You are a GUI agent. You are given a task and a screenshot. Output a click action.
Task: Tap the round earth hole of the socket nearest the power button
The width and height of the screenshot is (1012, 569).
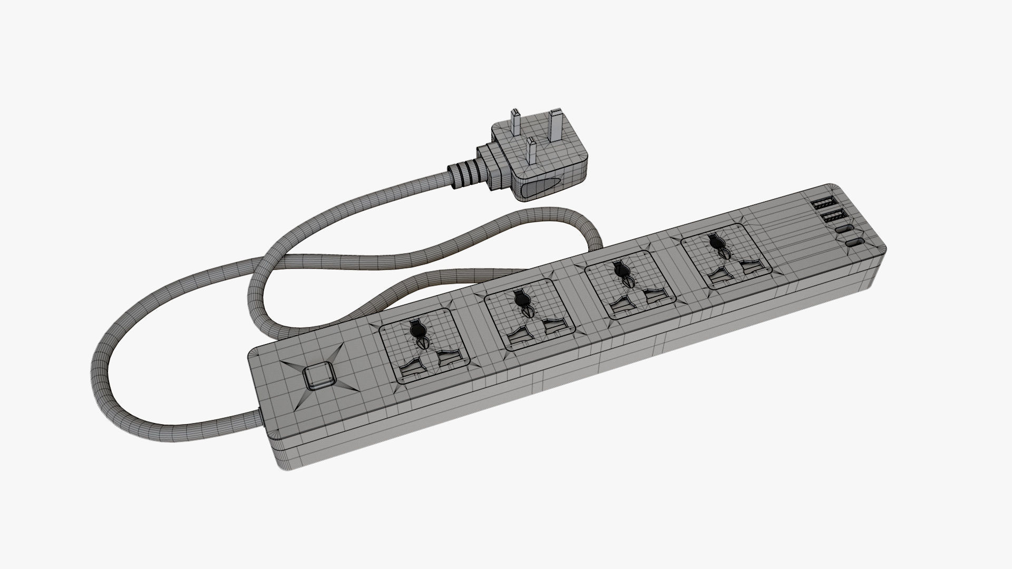pos(416,330)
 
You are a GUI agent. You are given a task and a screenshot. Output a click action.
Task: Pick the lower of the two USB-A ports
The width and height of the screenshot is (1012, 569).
pos(826,217)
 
